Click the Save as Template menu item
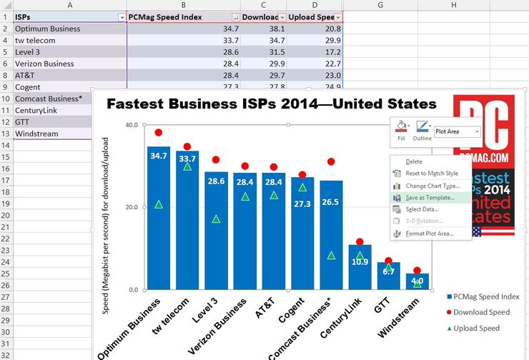[430, 197]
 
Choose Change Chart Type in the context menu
[432, 186]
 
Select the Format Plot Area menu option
[430, 234]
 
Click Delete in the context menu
[414, 161]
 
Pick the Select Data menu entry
[422, 209]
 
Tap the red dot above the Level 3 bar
[216, 160]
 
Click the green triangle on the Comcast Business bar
[331, 255]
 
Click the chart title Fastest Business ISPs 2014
[272, 104]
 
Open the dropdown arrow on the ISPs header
[119, 17]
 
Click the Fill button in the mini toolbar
[401, 129]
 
